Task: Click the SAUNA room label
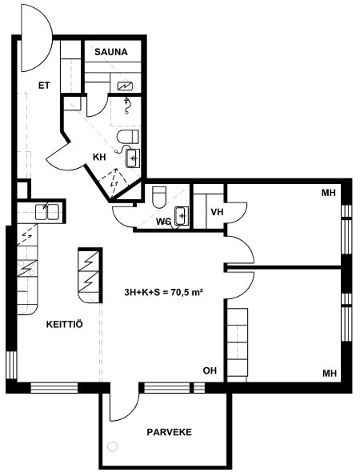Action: pyautogui.click(x=110, y=52)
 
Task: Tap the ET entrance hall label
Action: pyautogui.click(x=44, y=86)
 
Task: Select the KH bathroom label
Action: pyautogui.click(x=99, y=157)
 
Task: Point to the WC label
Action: pyautogui.click(x=163, y=222)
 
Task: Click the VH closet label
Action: pyautogui.click(x=217, y=212)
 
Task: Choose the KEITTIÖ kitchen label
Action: pyautogui.click(x=65, y=324)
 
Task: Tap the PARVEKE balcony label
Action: pyautogui.click(x=169, y=432)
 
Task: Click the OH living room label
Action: pyautogui.click(x=210, y=370)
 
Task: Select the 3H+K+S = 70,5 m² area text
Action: pyautogui.click(x=163, y=292)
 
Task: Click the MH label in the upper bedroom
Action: pyautogui.click(x=329, y=193)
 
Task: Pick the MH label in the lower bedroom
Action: pyautogui.click(x=330, y=374)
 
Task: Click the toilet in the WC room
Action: pyautogui.click(x=159, y=198)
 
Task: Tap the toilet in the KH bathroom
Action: pyautogui.click(x=128, y=137)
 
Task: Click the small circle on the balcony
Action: pyautogui.click(x=113, y=446)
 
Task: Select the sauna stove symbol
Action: pyautogui.click(x=125, y=86)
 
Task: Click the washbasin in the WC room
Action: pyautogui.click(x=182, y=215)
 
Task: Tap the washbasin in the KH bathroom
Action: pyautogui.click(x=133, y=158)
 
